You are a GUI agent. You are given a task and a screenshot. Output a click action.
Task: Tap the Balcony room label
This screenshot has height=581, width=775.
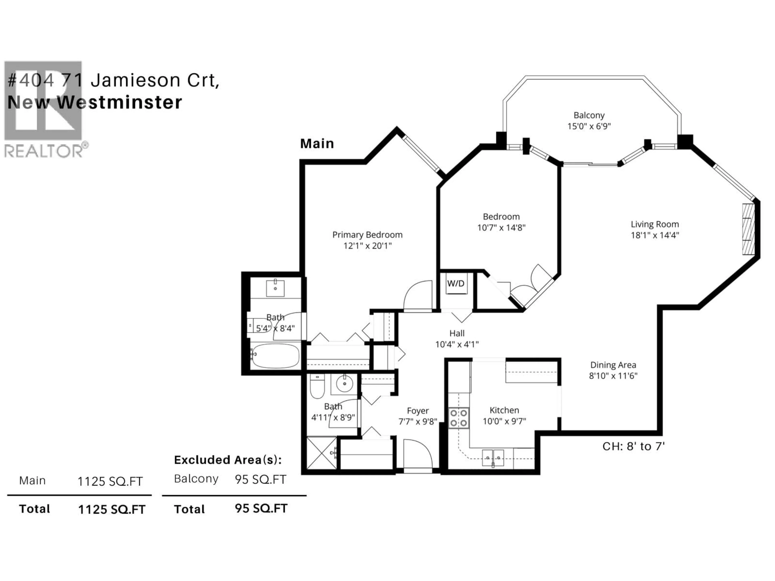pyautogui.click(x=589, y=115)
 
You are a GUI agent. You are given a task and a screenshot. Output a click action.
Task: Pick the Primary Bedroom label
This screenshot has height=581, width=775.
pyautogui.click(x=367, y=235)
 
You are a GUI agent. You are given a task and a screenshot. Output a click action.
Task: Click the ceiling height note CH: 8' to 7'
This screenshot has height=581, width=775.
pyautogui.click(x=634, y=446)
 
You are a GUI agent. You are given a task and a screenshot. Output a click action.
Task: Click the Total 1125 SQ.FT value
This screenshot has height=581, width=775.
pyautogui.click(x=111, y=510)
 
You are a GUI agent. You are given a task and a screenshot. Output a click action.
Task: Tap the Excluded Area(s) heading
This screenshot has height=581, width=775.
pyautogui.click(x=228, y=460)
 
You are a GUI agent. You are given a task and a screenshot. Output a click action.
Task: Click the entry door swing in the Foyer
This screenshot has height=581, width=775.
pyautogui.click(x=417, y=454)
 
